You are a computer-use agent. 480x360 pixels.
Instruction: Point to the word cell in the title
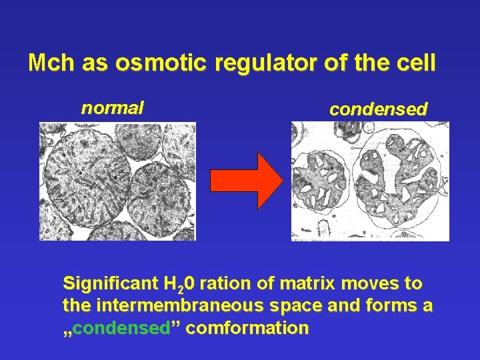(416, 63)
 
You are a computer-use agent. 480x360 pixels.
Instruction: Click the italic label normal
(112, 108)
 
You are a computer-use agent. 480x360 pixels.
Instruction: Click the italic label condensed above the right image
(378, 110)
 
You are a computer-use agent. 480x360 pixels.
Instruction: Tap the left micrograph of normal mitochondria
(117, 181)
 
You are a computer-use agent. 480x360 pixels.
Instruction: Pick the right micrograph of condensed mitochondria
(370, 181)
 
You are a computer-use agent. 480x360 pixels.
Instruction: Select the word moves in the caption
(369, 283)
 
